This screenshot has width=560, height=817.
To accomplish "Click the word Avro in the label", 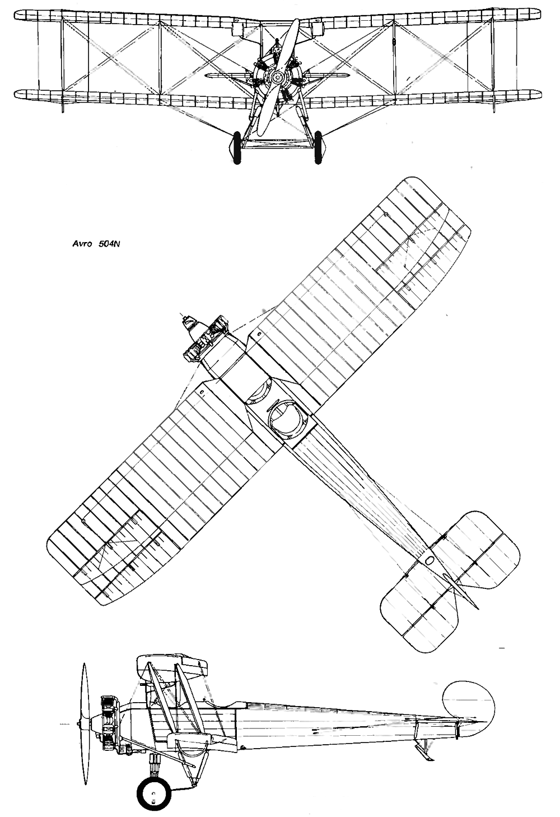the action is (82, 244).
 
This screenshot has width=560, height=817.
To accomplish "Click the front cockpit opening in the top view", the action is (260, 392).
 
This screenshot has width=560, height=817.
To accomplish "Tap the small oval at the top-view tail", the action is (430, 560).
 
